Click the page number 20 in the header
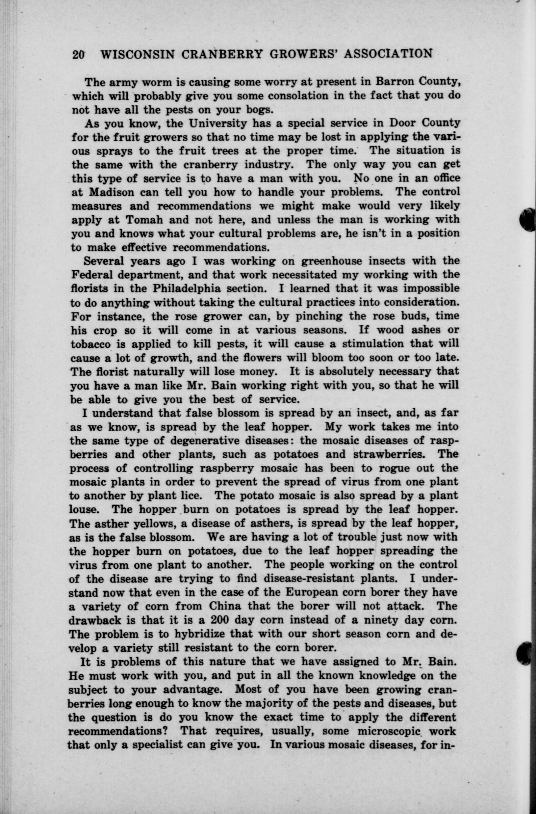click(x=79, y=55)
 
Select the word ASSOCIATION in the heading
click(x=388, y=53)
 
